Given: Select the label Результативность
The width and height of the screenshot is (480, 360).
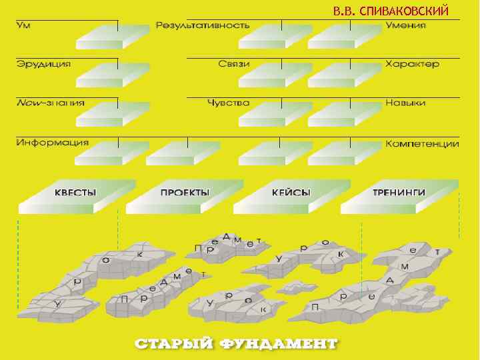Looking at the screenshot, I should (203, 25).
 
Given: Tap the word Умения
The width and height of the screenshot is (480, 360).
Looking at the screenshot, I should (405, 25).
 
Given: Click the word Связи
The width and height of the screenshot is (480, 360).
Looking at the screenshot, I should (233, 64).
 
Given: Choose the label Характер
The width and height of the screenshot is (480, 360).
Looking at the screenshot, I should (412, 64).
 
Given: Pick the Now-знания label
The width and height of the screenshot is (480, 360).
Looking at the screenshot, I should (51, 103).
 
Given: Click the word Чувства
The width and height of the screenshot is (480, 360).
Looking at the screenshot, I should (228, 103).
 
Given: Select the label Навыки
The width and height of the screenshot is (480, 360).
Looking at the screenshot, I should (405, 103).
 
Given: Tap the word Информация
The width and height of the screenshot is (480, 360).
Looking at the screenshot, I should (53, 143).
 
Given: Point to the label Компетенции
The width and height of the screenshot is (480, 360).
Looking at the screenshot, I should (422, 143).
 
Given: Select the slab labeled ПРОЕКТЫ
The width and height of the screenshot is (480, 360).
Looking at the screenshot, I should (185, 193).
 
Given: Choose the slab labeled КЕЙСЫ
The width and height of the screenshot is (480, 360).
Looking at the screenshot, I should (291, 193).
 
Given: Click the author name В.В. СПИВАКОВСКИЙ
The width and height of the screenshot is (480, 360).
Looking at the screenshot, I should (391, 11).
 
